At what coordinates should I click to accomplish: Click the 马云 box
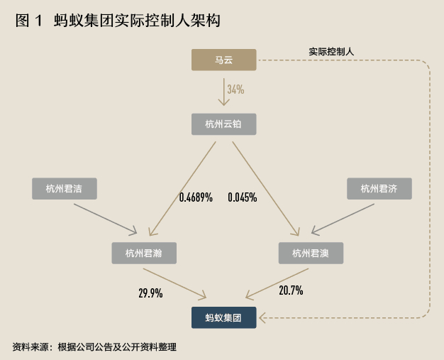pyautogui.click(x=223, y=60)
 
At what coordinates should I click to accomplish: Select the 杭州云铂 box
pyautogui.click(x=223, y=124)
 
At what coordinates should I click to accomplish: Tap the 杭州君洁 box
pyautogui.click(x=65, y=188)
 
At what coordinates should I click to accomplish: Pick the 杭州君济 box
pyautogui.click(x=379, y=188)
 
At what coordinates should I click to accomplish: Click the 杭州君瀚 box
pyautogui.click(x=144, y=253)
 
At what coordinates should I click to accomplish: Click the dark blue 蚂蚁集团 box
pyautogui.click(x=223, y=318)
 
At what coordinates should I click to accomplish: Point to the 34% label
pyautogui.click(x=235, y=89)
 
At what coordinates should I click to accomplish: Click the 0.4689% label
pyautogui.click(x=196, y=197)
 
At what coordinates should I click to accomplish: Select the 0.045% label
pyautogui.click(x=242, y=197)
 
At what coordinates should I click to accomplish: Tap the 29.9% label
pyautogui.click(x=150, y=292)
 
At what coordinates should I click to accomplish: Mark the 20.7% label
pyautogui.click(x=291, y=290)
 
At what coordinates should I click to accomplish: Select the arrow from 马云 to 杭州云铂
pyautogui.click(x=223, y=91)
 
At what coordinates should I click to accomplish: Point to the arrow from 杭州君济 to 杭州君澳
pyautogui.click(x=342, y=218)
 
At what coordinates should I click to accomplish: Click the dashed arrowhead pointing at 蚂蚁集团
pyautogui.click(x=261, y=317)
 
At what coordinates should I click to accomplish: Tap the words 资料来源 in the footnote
pyautogui.click(x=30, y=347)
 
